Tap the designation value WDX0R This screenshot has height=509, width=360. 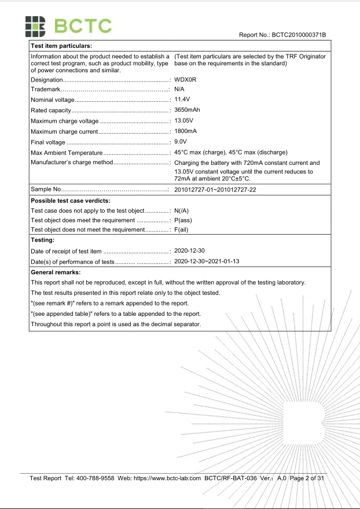point(185,79)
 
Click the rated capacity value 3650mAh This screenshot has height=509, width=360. point(188,110)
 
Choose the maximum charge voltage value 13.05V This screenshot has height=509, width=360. point(185,121)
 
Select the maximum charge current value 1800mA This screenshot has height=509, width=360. point(186,131)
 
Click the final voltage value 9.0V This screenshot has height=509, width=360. point(181,142)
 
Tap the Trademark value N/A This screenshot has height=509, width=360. point(179,90)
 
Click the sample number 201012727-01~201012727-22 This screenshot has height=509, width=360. point(215,190)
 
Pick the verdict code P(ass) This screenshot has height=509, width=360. point(183,220)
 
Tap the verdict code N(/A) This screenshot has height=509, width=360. point(182,211)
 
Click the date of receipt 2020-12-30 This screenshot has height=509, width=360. point(190,251)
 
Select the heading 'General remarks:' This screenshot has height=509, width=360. point(56,272)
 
